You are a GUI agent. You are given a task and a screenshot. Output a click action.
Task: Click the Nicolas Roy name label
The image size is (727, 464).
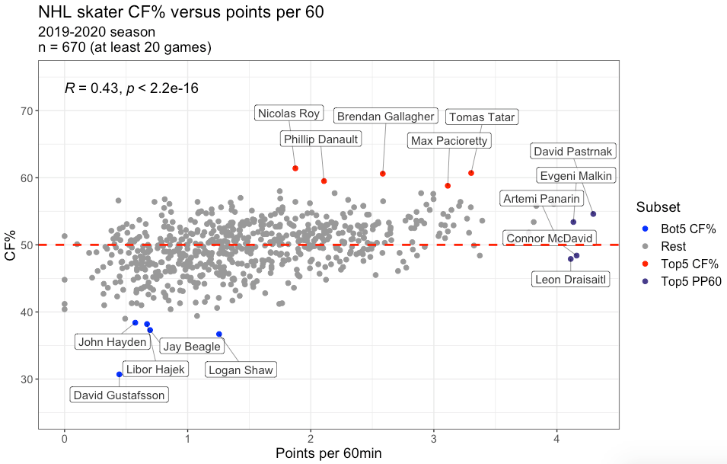(x=289, y=114)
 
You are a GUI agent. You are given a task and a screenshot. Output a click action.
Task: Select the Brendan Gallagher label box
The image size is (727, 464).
(x=385, y=117)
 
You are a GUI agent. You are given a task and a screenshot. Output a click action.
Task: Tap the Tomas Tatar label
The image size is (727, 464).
(x=482, y=117)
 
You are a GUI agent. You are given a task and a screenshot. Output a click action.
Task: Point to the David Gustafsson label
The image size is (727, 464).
(x=119, y=395)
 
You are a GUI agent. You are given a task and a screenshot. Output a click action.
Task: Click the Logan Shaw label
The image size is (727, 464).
(x=241, y=370)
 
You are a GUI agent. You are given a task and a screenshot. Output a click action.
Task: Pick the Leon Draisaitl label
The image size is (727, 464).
(x=570, y=280)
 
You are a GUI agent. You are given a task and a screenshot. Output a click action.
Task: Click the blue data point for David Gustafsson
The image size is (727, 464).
(x=120, y=374)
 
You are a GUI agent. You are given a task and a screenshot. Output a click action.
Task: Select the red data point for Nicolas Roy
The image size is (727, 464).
(x=295, y=168)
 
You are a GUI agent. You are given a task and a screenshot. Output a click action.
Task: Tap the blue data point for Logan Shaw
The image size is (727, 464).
(x=219, y=334)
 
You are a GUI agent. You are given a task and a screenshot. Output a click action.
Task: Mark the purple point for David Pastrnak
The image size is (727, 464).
(x=593, y=214)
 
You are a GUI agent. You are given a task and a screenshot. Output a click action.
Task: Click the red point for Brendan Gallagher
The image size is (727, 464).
(x=383, y=174)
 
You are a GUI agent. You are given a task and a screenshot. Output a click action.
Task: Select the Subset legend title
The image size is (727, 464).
(x=658, y=207)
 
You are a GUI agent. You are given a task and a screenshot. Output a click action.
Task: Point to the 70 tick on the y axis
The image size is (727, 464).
(x=46, y=111)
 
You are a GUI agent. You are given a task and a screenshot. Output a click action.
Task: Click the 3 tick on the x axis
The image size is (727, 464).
(x=433, y=440)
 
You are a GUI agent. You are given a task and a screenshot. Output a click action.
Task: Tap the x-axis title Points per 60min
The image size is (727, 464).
(x=328, y=453)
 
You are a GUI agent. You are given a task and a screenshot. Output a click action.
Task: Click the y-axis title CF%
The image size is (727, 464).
(x=11, y=245)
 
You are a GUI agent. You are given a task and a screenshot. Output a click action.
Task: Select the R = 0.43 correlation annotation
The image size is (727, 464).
(x=132, y=88)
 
